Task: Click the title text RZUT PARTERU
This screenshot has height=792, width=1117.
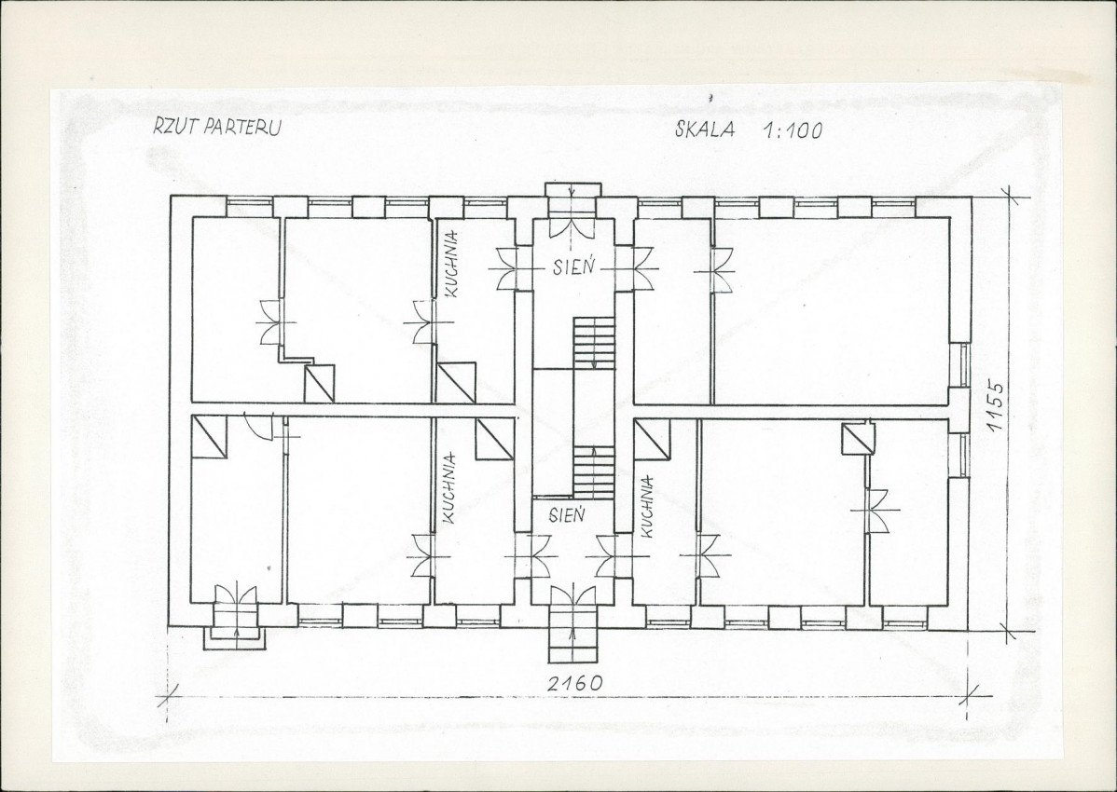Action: coord(218,127)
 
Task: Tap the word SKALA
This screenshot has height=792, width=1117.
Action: coord(705,130)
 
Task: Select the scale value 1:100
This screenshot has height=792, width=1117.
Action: coord(793,130)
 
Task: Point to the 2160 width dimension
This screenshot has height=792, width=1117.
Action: coord(574,682)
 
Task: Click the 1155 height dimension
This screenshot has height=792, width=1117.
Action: coord(995,406)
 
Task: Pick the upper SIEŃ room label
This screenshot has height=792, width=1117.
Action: coord(573,267)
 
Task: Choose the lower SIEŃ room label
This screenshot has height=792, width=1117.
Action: coord(567,513)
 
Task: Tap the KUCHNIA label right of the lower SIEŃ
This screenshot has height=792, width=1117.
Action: coord(647,507)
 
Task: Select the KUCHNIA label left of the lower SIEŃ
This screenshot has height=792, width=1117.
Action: coord(448,489)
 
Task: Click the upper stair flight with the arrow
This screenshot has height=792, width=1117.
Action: coord(594,343)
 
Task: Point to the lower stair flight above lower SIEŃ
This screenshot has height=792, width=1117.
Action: coord(594,472)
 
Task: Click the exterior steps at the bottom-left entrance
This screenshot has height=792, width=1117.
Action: coord(235,628)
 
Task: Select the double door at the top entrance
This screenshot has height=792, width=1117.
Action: coord(573,225)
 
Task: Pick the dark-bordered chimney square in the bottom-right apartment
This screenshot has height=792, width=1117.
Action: coord(857,439)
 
